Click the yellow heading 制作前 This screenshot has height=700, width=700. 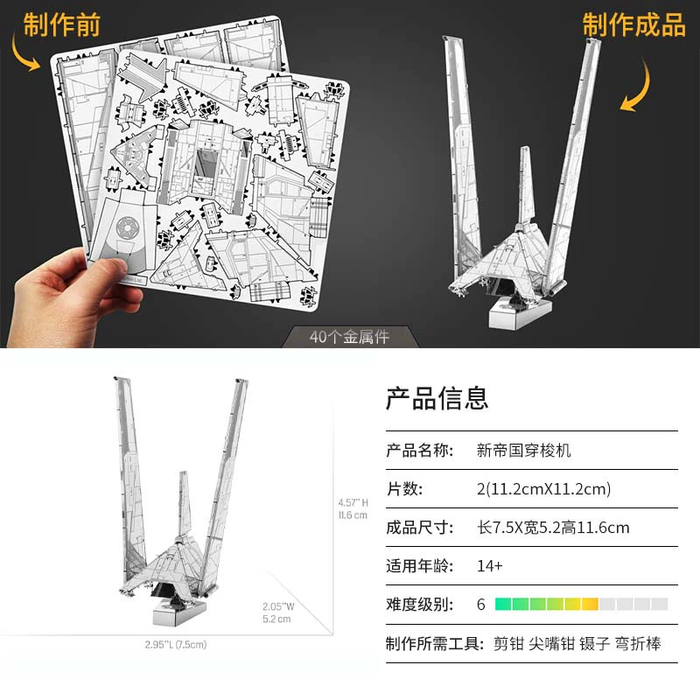(61, 24)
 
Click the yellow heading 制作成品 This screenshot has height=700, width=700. (633, 24)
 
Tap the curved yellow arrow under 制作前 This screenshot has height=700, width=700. (24, 53)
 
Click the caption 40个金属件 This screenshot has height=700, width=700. (349, 337)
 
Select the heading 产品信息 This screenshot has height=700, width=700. (437, 398)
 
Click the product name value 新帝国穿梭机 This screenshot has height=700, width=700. (523, 450)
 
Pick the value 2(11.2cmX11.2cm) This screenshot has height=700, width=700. (543, 489)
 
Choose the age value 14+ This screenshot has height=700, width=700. (490, 566)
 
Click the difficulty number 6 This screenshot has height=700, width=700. (480, 605)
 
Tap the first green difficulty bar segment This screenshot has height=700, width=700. (503, 605)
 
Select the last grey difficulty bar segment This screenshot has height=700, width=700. (660, 605)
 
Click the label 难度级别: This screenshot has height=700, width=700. (420, 605)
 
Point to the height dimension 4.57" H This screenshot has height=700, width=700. (353, 502)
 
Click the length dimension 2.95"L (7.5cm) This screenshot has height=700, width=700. (176, 645)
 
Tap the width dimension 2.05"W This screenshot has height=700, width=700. (278, 606)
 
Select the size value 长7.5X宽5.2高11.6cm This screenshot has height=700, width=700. (553, 528)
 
